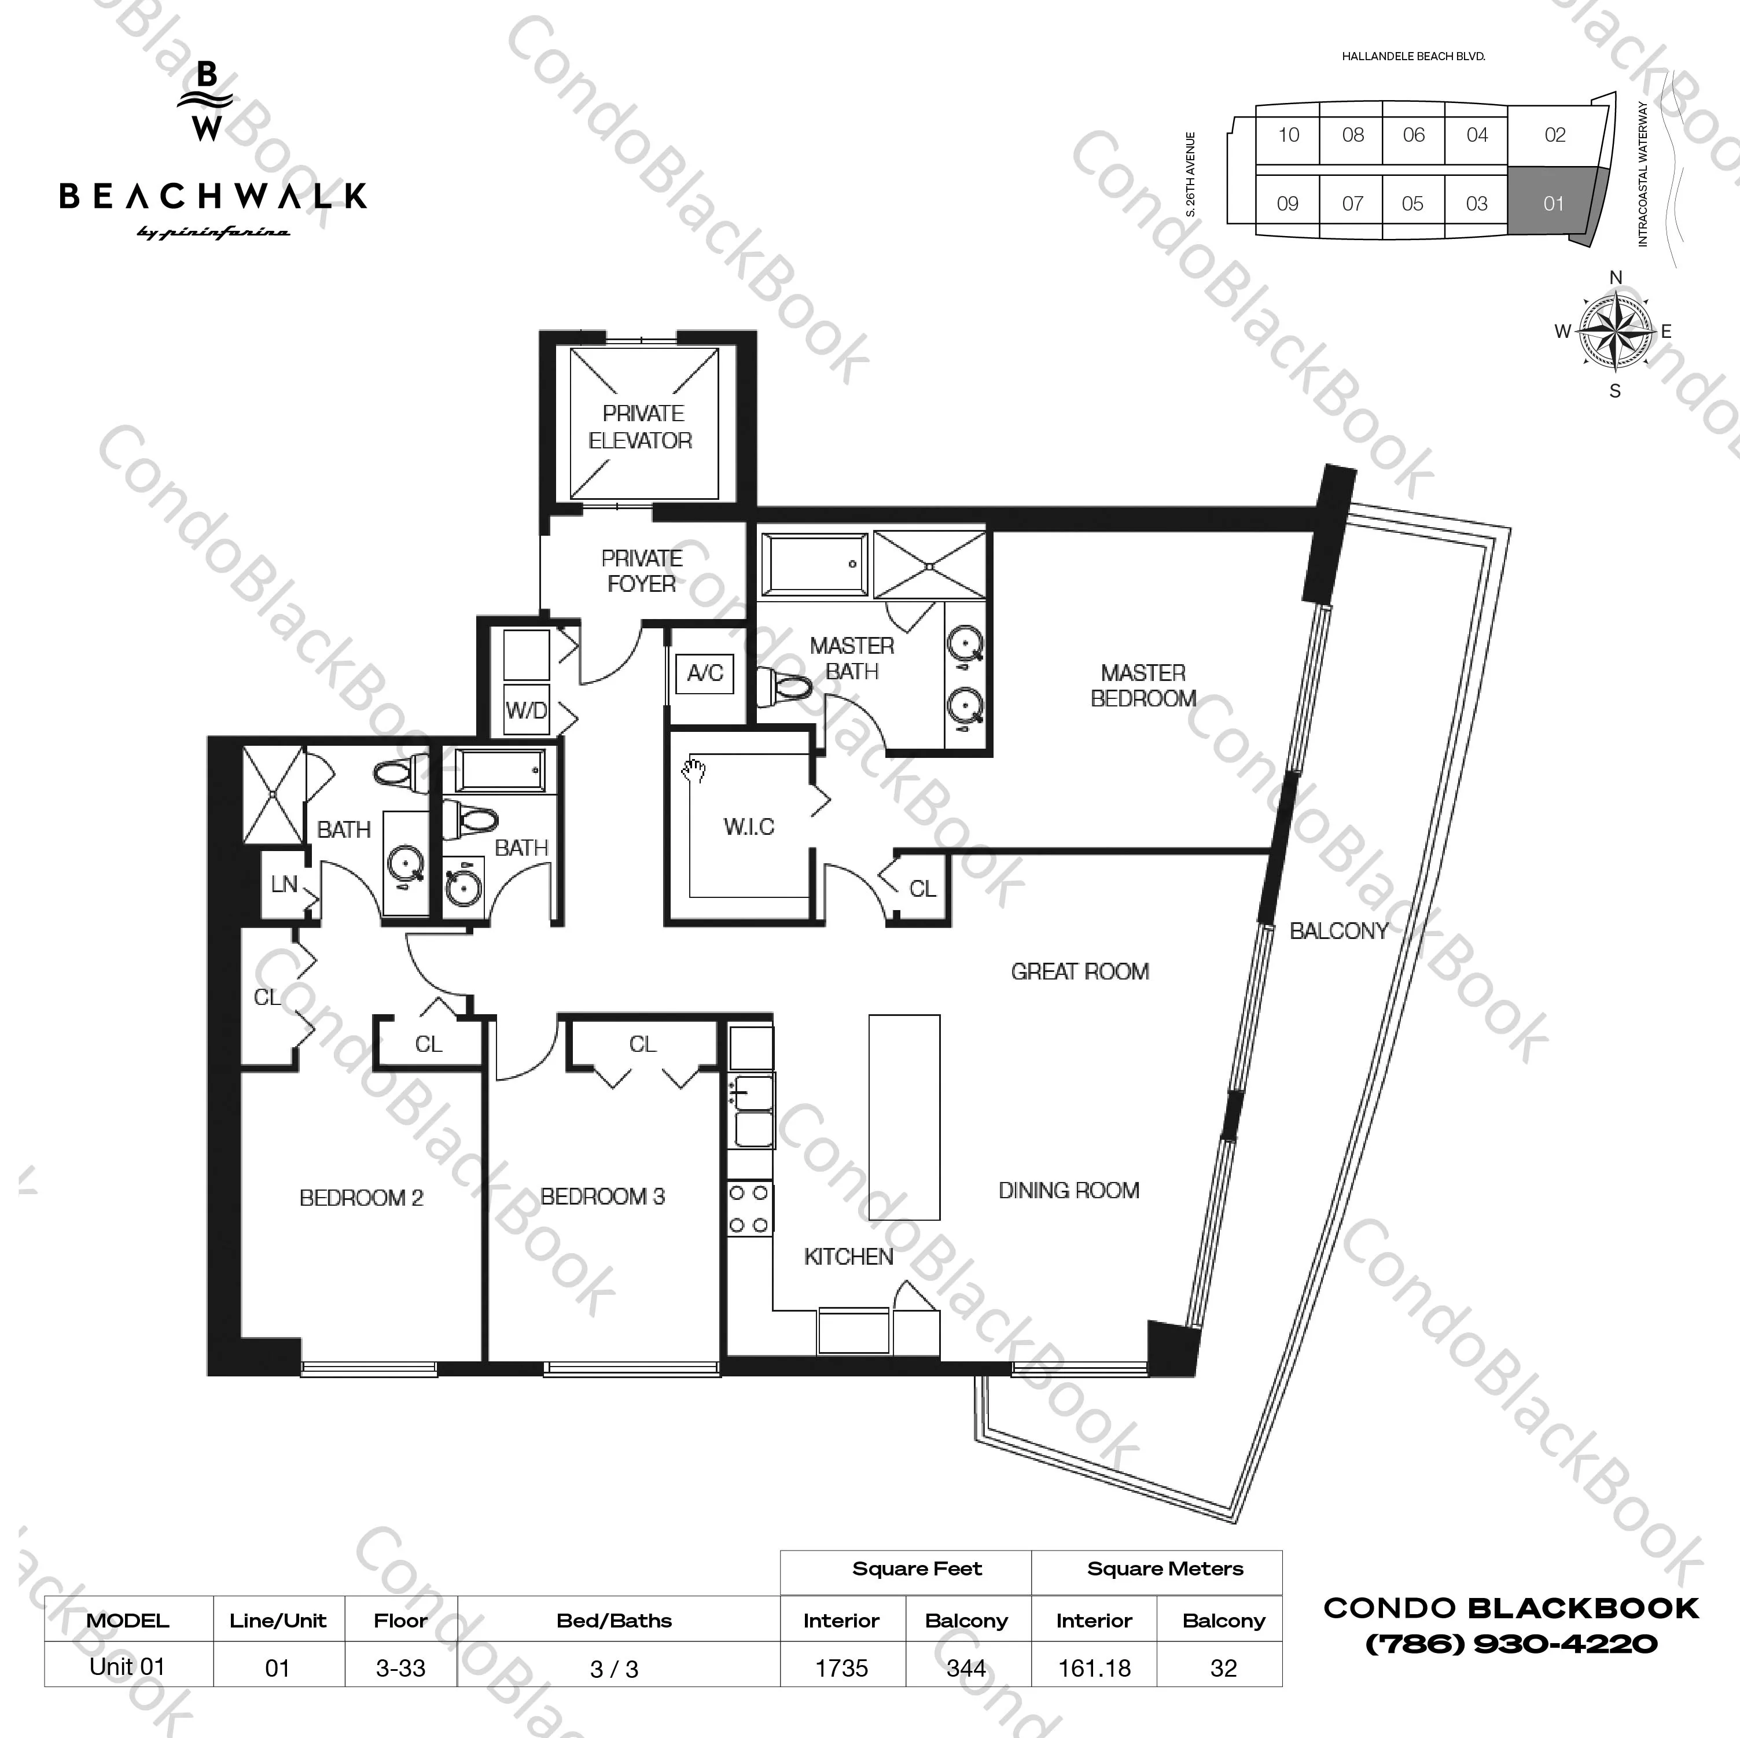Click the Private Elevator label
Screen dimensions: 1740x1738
point(641,427)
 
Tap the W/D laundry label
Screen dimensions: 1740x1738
point(526,710)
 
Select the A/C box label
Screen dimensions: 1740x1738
point(705,673)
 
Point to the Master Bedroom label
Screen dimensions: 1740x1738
point(1143,685)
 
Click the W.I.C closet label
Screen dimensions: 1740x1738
point(748,827)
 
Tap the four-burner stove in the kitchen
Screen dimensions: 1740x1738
point(749,1209)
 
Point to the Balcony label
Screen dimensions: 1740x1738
point(1339,931)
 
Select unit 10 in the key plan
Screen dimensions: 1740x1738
point(1289,135)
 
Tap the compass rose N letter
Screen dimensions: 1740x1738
point(1616,277)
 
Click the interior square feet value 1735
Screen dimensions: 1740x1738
point(841,1668)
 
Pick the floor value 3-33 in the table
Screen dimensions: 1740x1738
point(401,1668)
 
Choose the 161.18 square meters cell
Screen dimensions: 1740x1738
point(1094,1668)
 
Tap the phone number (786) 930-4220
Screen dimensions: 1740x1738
point(1512,1644)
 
